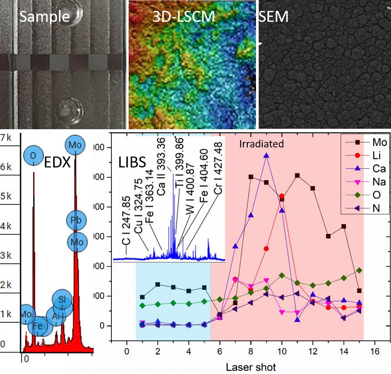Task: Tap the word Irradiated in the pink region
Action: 261,144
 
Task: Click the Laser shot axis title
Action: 251,366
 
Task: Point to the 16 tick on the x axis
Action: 375,352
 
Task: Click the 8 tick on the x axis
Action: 251,352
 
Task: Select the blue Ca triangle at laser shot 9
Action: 266,156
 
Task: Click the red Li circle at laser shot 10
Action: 282,196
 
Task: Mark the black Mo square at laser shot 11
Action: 297,175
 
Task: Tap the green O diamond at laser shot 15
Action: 359,270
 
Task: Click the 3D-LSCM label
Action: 183,17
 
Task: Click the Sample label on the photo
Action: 45,17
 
